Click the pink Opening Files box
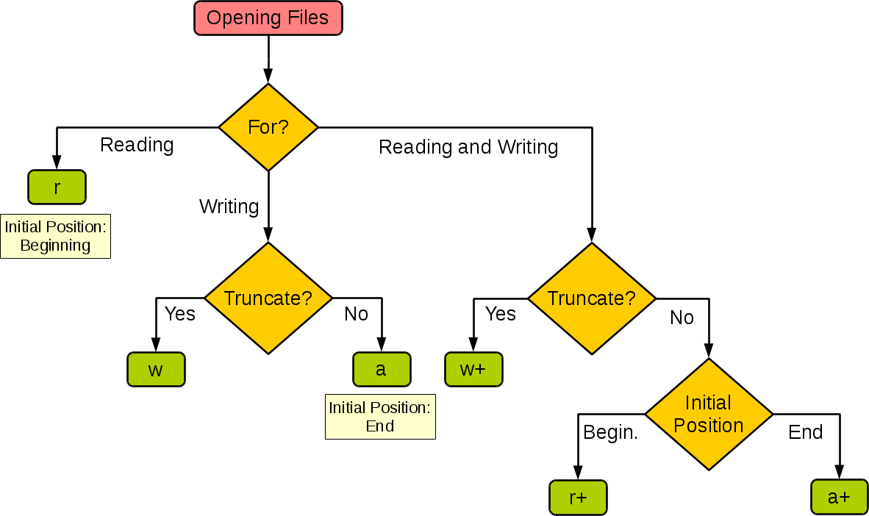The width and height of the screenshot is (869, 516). point(268,18)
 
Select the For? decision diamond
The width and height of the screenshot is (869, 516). point(268,127)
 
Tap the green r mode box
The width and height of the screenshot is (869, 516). point(57,187)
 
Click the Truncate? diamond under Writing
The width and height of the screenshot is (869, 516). point(268,298)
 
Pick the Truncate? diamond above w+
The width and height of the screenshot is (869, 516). point(592,298)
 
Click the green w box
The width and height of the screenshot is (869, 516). point(156,370)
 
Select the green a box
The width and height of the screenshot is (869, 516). point(381,370)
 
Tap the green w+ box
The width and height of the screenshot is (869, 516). point(473,370)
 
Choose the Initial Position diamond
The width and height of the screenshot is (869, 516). point(709,414)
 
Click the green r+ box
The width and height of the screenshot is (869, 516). point(578,498)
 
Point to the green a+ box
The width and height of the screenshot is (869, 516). point(839,498)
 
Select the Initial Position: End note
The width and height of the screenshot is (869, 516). point(380,417)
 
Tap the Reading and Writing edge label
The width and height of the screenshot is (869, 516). point(469,147)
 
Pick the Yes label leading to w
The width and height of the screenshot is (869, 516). point(180,314)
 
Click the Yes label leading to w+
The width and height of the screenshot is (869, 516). point(501,314)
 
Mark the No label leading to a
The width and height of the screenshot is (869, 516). point(357,315)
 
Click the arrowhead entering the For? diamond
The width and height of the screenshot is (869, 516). point(268,76)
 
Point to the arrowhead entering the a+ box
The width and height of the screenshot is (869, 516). point(839,474)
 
